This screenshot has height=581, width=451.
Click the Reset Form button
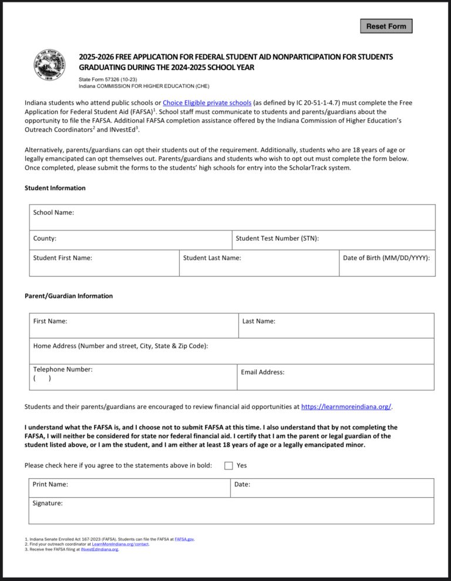(x=386, y=26)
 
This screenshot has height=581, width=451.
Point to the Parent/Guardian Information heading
(x=69, y=296)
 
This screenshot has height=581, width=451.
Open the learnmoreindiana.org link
(x=346, y=407)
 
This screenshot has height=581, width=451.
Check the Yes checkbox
(x=229, y=465)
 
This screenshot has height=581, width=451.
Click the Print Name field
(x=129, y=488)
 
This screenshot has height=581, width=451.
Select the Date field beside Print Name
(x=332, y=488)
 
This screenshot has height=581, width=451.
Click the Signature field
(x=231, y=511)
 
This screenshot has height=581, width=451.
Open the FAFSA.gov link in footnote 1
(x=184, y=539)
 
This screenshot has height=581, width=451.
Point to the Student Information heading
(x=55, y=188)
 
